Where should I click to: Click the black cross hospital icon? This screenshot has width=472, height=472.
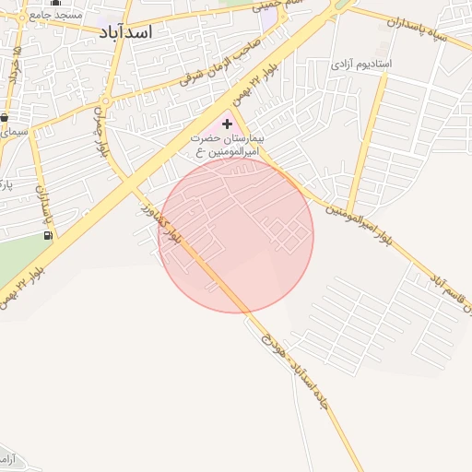click(x=228, y=123)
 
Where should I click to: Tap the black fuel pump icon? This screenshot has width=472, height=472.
click(x=48, y=235)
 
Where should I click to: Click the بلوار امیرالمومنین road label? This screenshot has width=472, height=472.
click(x=360, y=226)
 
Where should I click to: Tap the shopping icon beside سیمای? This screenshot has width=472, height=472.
click(x=5, y=117)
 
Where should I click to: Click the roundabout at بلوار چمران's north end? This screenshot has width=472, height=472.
click(x=106, y=100)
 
